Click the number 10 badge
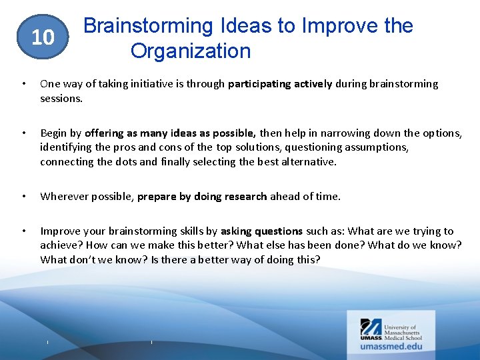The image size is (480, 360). click(43, 37)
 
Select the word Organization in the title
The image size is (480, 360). click(191, 51)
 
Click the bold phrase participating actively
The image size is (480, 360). click(280, 84)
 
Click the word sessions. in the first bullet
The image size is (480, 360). click(61, 98)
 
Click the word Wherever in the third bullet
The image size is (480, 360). click(63, 196)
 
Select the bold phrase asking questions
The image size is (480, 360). click(261, 231)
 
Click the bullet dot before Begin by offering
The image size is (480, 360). click(23, 133)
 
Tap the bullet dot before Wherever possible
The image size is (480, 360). click(23, 196)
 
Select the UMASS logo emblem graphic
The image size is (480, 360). click(371, 329)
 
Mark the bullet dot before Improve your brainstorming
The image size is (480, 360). click(23, 231)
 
